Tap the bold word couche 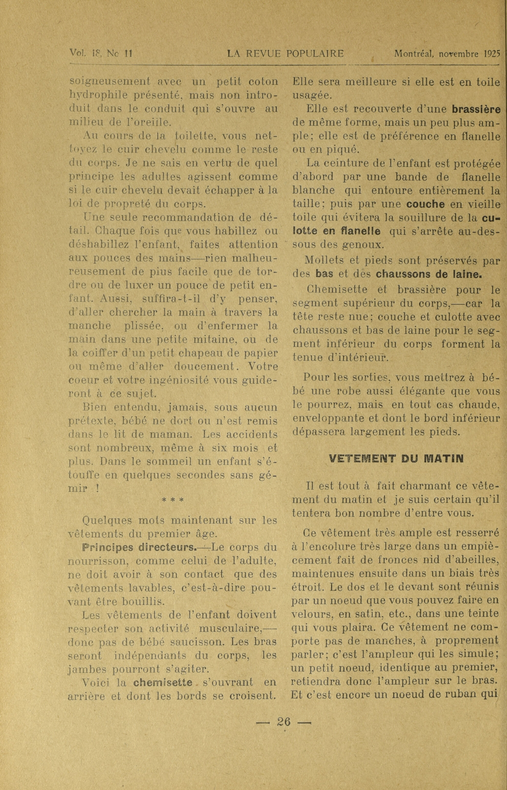point(425,204)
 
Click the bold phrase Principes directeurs point(138,547)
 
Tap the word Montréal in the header point(415,54)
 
